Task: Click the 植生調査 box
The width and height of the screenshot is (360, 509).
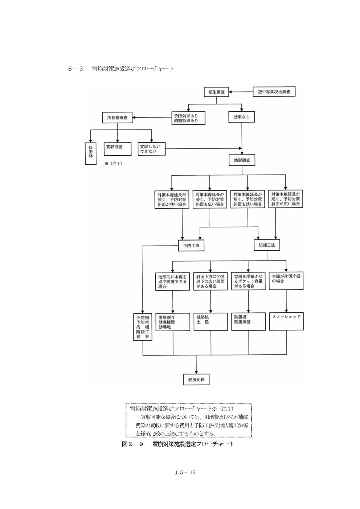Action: tap(217, 92)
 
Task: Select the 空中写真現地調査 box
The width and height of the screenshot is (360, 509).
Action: tap(274, 92)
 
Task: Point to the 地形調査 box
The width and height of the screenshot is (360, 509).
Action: tap(242, 160)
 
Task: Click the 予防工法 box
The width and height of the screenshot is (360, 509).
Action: tap(191, 245)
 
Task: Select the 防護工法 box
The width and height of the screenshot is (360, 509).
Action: tap(267, 245)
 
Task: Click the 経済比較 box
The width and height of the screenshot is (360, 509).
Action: tap(196, 379)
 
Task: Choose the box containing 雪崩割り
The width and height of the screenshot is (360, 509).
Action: tap(173, 321)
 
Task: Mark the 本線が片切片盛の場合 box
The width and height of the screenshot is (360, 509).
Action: tap(286, 280)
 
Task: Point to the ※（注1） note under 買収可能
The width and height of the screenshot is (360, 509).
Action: tap(113, 164)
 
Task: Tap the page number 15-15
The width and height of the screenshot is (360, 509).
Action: tap(185, 472)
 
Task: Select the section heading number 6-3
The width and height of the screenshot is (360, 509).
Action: tap(76, 69)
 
